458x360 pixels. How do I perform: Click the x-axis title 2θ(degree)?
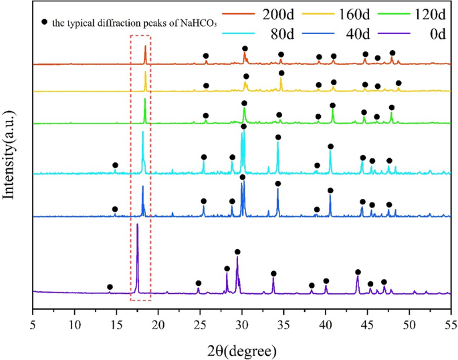point(242,349)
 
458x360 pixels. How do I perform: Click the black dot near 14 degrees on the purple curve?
point(110,287)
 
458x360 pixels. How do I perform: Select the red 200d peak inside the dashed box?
point(145,48)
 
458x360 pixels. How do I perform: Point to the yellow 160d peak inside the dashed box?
point(146,73)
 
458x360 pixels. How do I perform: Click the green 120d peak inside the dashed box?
point(145,101)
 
